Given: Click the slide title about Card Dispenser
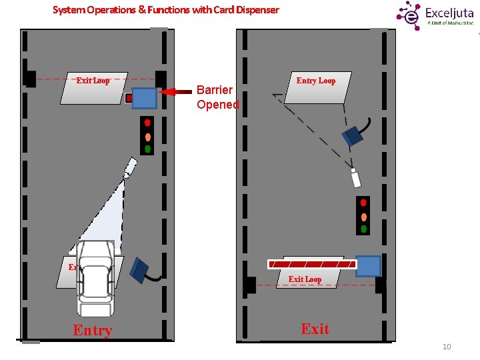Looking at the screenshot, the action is [x=165, y=10].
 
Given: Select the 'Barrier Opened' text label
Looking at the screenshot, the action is [x=217, y=97].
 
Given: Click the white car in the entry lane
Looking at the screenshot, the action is [x=95, y=278].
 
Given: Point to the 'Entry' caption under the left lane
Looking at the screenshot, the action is [x=93, y=331].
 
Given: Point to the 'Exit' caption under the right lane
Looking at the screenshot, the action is [x=315, y=329].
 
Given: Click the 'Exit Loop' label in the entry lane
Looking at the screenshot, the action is [x=93, y=81].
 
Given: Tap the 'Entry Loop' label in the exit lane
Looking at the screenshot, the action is [x=316, y=81].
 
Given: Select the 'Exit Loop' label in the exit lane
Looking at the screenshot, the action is [x=305, y=279].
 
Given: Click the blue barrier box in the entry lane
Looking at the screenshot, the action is [x=144, y=98].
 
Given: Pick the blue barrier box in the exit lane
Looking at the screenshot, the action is [x=368, y=266].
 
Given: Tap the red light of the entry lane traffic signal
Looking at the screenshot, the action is [x=147, y=123].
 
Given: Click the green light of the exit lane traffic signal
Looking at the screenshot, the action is [x=363, y=229].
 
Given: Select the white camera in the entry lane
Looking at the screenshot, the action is [x=129, y=167].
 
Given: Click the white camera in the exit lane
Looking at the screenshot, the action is [x=355, y=178].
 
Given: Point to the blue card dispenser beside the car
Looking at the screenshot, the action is [x=142, y=267].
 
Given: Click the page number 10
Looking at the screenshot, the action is [x=447, y=346].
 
